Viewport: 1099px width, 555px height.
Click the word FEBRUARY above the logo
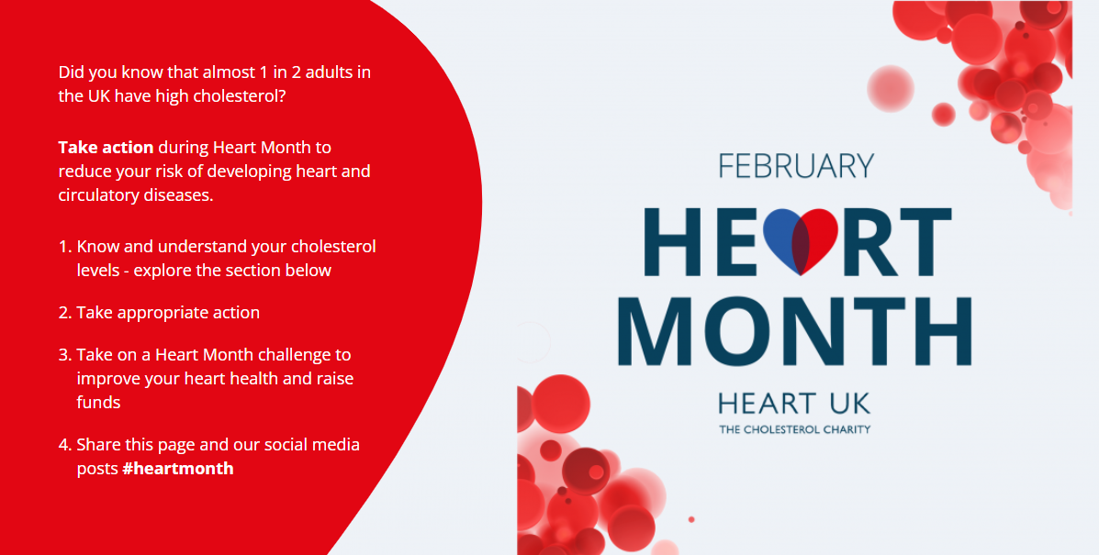[x=796, y=166]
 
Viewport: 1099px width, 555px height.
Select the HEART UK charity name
[x=794, y=403]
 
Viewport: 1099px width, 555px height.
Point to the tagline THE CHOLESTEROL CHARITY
[x=794, y=428]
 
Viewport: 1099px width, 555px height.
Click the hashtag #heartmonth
[x=178, y=469]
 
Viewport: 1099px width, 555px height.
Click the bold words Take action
[x=106, y=147]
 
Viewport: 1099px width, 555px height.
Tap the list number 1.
[x=64, y=247]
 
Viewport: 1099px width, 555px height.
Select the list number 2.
[x=64, y=313]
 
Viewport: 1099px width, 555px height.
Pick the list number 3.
[x=64, y=355]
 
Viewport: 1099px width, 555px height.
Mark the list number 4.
[x=64, y=445]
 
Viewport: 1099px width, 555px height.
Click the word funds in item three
[x=98, y=402]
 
